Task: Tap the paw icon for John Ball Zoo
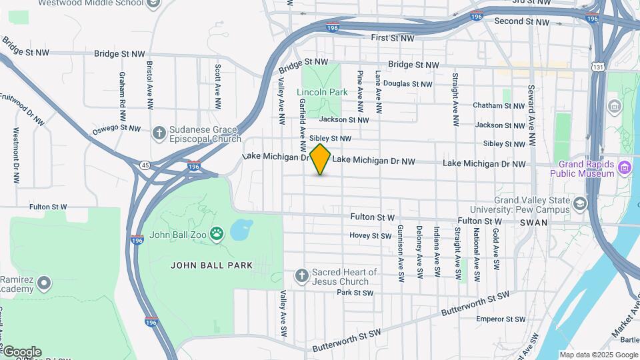[217, 233]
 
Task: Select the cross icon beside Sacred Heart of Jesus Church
[302, 275]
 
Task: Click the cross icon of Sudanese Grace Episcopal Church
[159, 133]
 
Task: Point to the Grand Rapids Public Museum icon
[625, 165]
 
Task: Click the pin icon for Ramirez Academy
[45, 283]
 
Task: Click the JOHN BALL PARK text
[212, 265]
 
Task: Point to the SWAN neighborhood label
[533, 223]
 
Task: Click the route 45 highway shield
[145, 165]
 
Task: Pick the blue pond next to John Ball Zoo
[240, 230]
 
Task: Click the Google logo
[22, 352]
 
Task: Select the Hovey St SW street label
[371, 235]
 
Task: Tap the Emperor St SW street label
[499, 319]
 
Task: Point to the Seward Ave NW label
[531, 115]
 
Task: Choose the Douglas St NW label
[407, 84]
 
